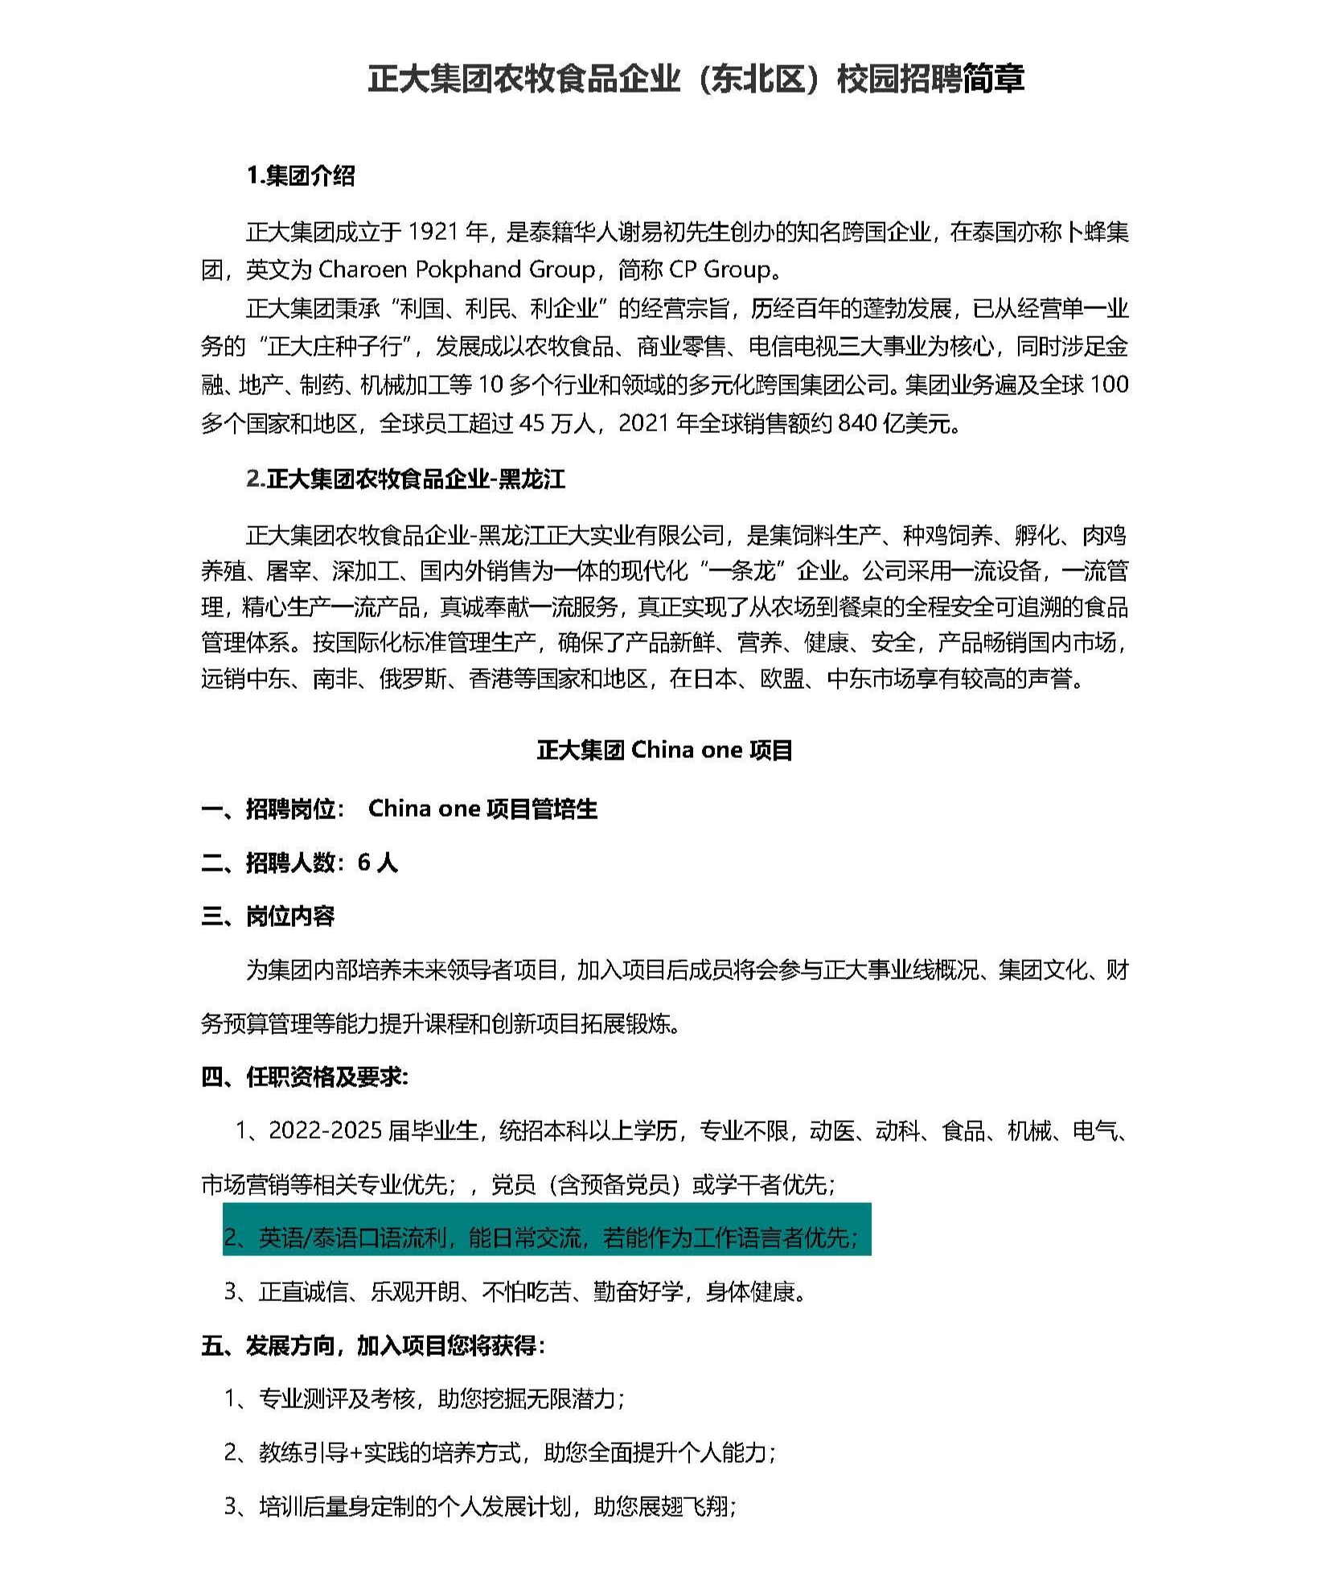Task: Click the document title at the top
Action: pyautogui.click(x=696, y=80)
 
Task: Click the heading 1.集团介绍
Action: pyautogui.click(x=300, y=175)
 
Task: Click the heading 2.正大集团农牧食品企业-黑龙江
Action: pyautogui.click(x=405, y=480)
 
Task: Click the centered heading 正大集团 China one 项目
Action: pyautogui.click(x=664, y=750)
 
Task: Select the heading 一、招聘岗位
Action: pyautogui.click(x=273, y=809)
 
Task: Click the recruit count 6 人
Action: pyautogui.click(x=377, y=863)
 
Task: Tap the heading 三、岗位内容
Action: pyautogui.click(x=268, y=916)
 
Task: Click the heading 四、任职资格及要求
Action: pyautogui.click(x=305, y=1077)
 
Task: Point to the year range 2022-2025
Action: pyautogui.click(x=326, y=1131)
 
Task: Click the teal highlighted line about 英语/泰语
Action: pyautogui.click(x=547, y=1237)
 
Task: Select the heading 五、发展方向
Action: pyautogui.click(x=372, y=1345)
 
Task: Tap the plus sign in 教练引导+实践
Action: pyautogui.click(x=355, y=1453)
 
